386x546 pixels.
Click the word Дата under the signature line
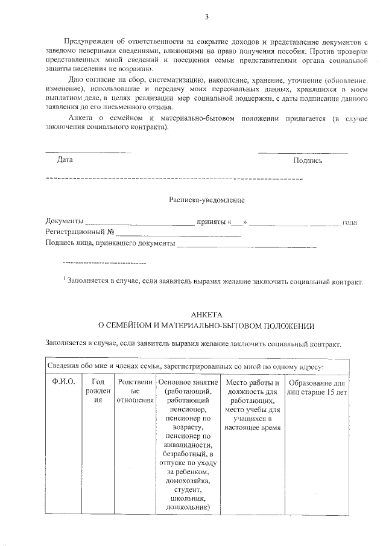[65, 160]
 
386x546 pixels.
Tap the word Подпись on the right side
[308, 160]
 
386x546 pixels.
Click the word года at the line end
[349, 222]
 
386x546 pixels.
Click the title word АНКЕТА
[206, 315]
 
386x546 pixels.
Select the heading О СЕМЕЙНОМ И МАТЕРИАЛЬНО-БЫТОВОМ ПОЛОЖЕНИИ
[206, 326]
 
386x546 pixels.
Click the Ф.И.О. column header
[63, 383]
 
